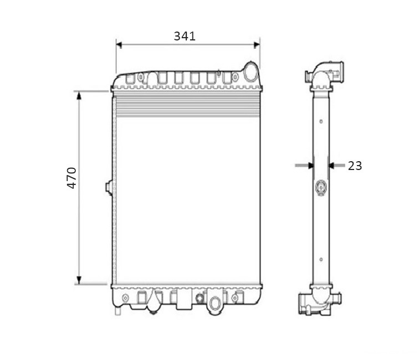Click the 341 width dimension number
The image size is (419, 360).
185,36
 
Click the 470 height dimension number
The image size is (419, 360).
71,178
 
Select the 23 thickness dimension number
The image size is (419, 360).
355,166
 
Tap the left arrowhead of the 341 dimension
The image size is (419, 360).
119,45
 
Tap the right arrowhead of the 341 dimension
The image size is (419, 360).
257,45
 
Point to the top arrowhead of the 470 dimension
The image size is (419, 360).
79,95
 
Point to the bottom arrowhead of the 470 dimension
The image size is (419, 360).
79,280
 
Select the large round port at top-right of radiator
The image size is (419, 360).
251,71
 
